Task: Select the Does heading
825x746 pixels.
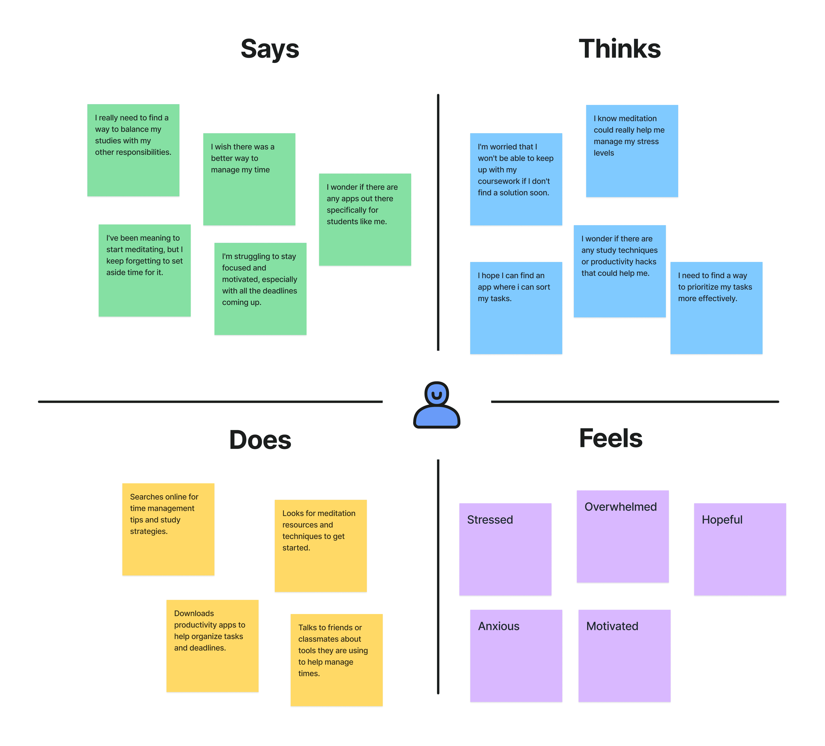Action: tap(260, 440)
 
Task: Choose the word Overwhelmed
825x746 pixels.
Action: tap(620, 507)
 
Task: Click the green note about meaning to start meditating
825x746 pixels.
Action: tap(144, 270)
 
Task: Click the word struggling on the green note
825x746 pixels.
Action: tap(252, 256)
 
